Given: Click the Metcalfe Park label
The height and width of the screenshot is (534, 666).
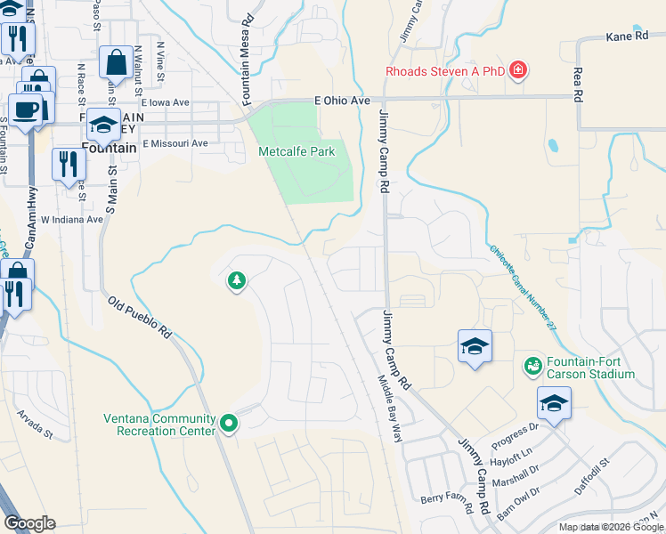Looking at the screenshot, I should click(x=296, y=151).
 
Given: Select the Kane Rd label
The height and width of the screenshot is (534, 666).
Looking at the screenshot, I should click(x=629, y=36).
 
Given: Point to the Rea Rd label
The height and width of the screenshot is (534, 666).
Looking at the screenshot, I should click(x=578, y=82).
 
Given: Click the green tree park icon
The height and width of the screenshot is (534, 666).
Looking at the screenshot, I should click(x=237, y=282).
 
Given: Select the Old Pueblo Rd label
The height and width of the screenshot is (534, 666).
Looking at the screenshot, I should click(x=140, y=317).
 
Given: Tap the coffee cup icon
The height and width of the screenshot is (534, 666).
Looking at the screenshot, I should click(x=27, y=109).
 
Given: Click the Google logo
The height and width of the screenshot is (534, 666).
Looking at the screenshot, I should click(x=29, y=523).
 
